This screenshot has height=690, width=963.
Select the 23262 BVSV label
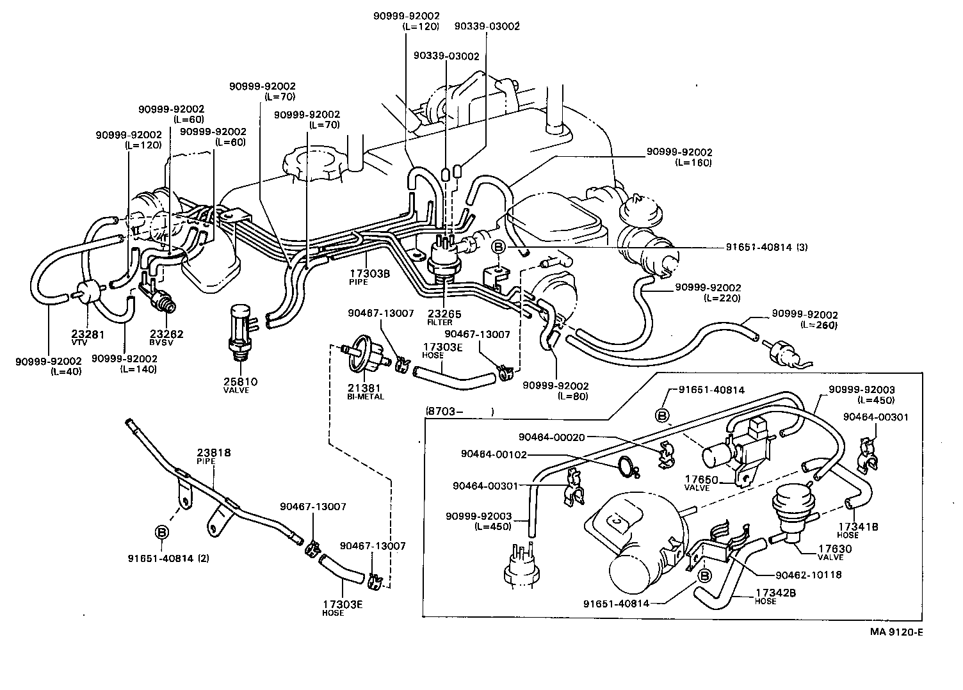click(x=166, y=337)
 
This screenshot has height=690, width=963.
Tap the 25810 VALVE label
click(x=240, y=385)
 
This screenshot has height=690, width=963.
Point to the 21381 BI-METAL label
click(x=366, y=392)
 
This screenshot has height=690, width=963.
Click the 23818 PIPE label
click(x=213, y=456)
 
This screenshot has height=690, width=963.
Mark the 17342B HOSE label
click(x=775, y=597)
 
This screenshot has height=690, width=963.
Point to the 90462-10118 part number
click(x=808, y=575)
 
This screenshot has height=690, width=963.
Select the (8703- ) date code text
click(x=458, y=412)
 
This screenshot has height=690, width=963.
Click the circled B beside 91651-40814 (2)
click(x=162, y=533)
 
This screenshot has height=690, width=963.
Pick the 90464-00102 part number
click(x=494, y=454)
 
